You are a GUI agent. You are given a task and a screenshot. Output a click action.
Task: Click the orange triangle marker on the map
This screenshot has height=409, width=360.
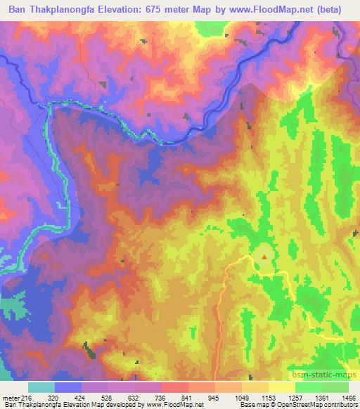pos(264,257)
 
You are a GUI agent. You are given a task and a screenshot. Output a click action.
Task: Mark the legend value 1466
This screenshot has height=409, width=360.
pos(349,397)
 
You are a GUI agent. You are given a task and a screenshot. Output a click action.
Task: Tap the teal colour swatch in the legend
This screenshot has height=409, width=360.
pos(41,387)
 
